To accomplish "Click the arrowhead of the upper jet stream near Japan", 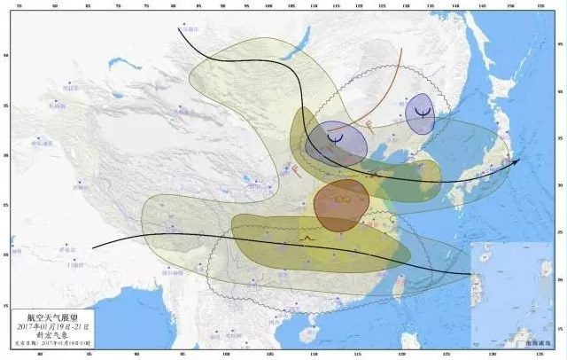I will coord(518,160).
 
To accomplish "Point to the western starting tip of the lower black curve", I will coord(92,247).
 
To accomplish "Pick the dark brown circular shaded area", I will coord(340,206).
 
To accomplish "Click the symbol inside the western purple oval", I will coord(336,137).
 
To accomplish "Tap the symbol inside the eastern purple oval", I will coord(423,112).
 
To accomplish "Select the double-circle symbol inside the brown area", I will coord(343,199).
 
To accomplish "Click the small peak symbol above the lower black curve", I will coord(307,239).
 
